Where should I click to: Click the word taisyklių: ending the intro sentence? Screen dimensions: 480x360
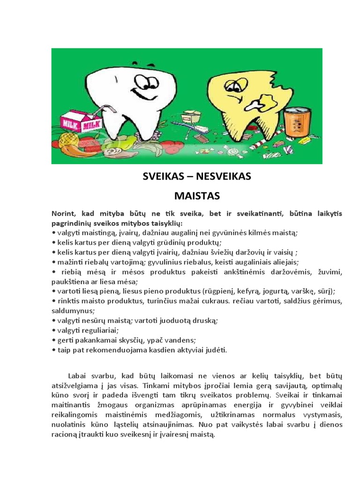coord(166,223)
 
